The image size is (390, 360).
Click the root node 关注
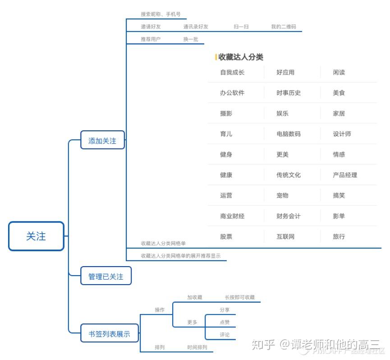(36, 236)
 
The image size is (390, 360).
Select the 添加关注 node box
(102, 141)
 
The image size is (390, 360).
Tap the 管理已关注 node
(106, 277)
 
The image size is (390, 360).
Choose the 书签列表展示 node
(109, 334)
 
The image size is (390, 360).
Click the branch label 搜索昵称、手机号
(161, 14)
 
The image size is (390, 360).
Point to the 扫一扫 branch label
(241, 27)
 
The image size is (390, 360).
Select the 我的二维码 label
(283, 27)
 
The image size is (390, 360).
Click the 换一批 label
(190, 39)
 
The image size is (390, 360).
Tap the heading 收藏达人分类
(241, 57)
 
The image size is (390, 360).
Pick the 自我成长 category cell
(232, 72)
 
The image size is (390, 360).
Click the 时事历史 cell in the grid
(289, 93)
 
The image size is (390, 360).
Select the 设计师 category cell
(342, 134)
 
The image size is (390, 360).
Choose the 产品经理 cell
(345, 175)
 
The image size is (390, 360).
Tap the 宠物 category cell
(282, 195)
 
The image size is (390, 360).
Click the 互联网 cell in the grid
(285, 236)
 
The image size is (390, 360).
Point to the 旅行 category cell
(339, 236)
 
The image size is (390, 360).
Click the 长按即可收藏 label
(239, 297)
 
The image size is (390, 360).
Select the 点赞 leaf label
(225, 322)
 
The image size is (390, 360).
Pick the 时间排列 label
(197, 347)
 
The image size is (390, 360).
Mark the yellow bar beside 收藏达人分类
(216, 57)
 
